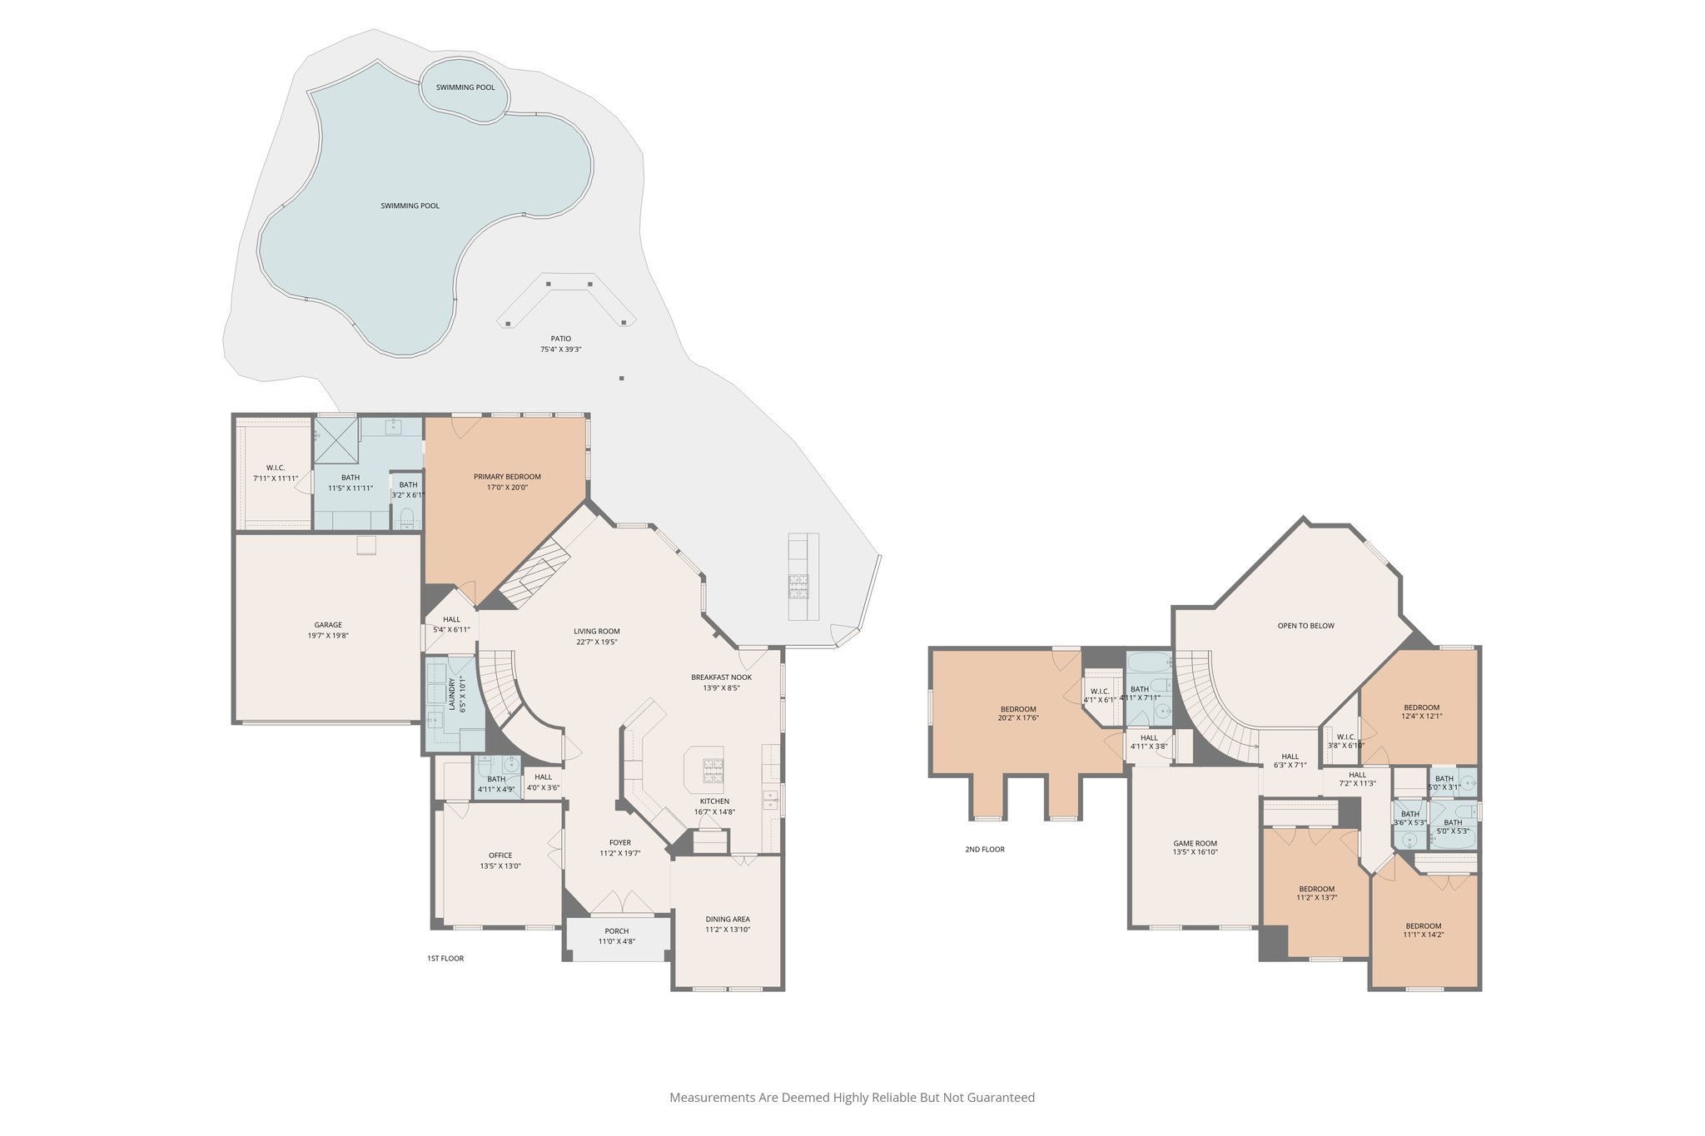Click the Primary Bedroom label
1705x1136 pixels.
coord(507,477)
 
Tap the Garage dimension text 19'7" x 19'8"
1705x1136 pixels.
coord(328,636)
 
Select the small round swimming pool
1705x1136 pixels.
coord(465,87)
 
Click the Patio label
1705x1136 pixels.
coord(560,339)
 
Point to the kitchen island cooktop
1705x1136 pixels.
coord(713,771)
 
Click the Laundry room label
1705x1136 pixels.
coord(452,694)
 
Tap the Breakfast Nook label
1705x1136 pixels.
coord(721,677)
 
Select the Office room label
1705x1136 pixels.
coord(500,856)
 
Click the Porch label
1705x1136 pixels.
coord(616,931)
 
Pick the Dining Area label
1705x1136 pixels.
coord(728,920)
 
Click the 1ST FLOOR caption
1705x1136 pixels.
coord(445,959)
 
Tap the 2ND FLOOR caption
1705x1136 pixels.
coord(985,850)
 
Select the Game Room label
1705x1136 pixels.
coord(1195,844)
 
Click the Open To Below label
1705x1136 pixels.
coord(1305,626)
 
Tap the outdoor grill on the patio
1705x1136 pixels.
coord(798,587)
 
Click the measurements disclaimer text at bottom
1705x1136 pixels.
coord(852,1098)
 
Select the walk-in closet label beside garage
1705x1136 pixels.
coord(276,469)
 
